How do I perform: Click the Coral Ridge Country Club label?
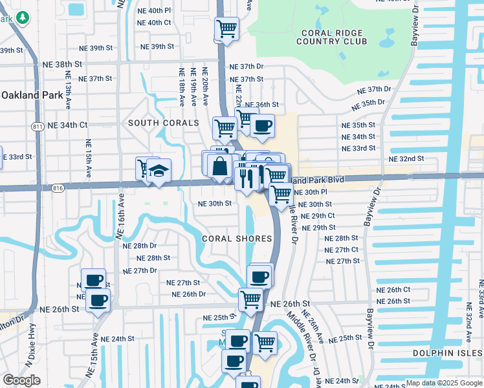pos(331,37)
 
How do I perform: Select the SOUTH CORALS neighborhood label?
pos(163,123)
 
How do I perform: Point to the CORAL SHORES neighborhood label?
pos(237,239)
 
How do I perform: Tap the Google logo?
pos(21,380)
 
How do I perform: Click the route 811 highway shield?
pos(38,126)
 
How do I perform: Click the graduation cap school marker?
pos(159,171)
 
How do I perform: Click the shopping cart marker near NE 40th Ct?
pos(226,29)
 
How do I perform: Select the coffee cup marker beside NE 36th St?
pos(262,127)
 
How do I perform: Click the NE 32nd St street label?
pos(406,158)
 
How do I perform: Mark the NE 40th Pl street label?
pos(153,11)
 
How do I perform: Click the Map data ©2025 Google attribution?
pos(443,383)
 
